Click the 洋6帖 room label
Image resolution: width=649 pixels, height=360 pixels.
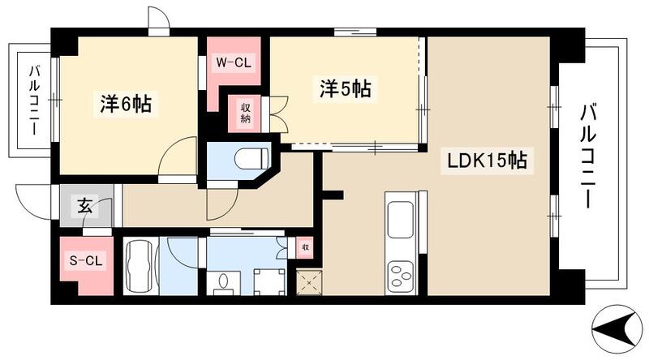click(127, 104)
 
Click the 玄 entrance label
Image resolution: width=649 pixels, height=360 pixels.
click(85, 206)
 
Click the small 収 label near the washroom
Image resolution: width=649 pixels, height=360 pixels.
click(305, 247)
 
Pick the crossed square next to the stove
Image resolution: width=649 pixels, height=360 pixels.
click(308, 281)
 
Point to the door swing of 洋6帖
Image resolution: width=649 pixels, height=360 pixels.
click(178, 154)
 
